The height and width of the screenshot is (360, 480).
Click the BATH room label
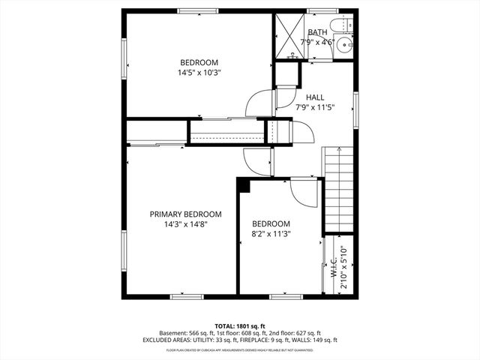point(317,32)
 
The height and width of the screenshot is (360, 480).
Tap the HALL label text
point(315,96)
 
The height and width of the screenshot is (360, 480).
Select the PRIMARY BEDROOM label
point(185,214)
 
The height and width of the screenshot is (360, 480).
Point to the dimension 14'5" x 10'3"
point(199,73)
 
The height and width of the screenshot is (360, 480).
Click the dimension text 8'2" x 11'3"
point(271,234)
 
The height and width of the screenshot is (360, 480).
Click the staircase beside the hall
point(337,187)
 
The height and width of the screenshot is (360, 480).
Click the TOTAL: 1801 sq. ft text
point(239,325)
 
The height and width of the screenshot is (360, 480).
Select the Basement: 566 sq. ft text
point(186,333)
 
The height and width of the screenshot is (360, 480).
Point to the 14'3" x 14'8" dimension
point(185,223)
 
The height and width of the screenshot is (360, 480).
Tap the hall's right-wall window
point(355,104)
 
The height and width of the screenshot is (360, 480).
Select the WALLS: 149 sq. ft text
point(319,340)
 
